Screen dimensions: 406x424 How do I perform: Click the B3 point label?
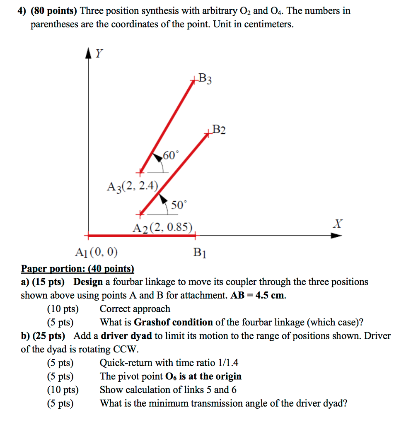click(205, 79)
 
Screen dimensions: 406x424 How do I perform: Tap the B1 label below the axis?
click(200, 253)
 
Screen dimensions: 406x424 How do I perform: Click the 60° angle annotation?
click(171, 156)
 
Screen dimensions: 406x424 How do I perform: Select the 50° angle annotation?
click(179, 205)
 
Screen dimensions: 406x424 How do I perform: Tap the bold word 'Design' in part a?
click(88, 282)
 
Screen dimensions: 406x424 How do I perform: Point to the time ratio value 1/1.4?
click(227, 363)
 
